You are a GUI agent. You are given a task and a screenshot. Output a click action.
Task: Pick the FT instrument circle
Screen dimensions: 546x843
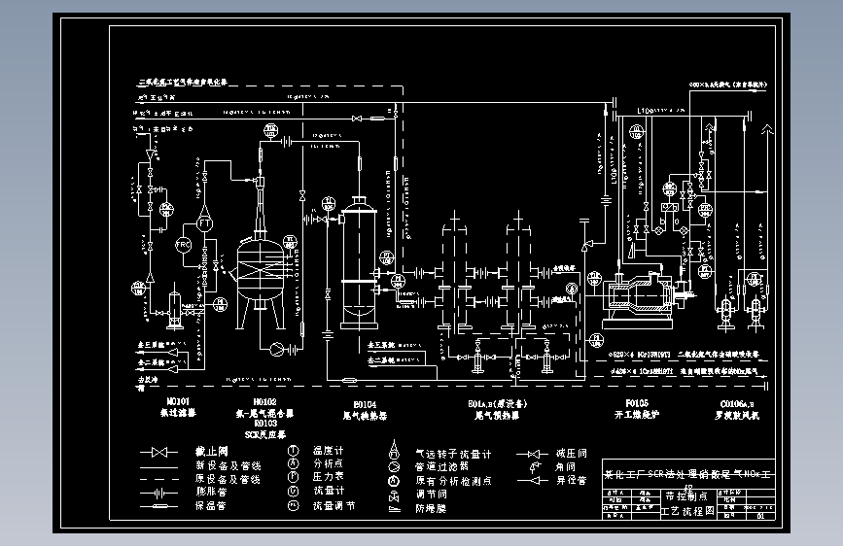tap(205, 223)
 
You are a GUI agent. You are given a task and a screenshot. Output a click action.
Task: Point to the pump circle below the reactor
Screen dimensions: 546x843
tap(276, 347)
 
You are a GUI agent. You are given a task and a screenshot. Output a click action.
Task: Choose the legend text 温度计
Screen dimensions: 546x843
tap(329, 452)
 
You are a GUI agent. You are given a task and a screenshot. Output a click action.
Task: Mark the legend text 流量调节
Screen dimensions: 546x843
tap(334, 506)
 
